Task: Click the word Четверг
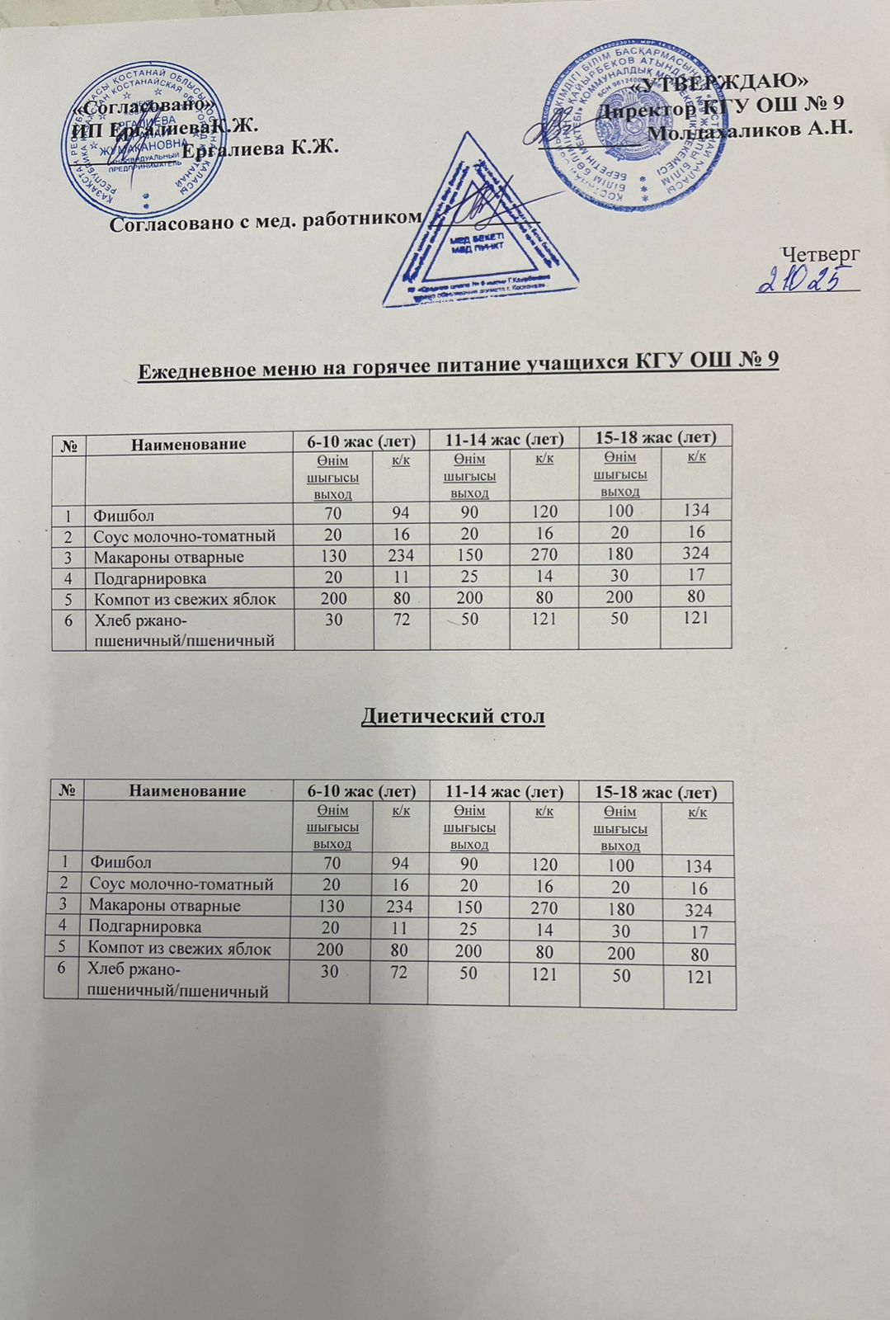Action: [x=820, y=253]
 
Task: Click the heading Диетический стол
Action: [x=453, y=716]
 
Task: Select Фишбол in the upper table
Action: [x=123, y=516]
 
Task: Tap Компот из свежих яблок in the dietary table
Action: [x=179, y=949]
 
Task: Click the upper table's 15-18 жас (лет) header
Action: [x=656, y=436]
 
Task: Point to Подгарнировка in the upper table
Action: [x=149, y=577]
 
